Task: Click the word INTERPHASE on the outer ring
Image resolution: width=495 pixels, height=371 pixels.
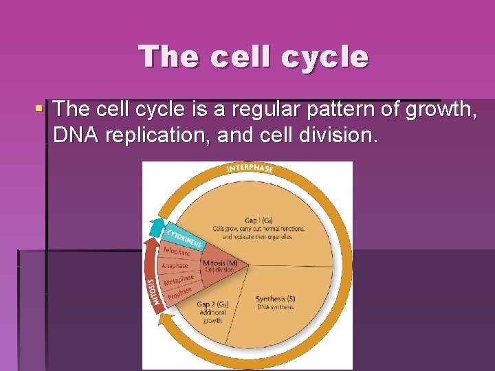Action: coord(250,169)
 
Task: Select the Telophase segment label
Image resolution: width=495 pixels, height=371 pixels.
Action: coord(177,252)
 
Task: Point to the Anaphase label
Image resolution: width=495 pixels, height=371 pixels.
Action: coord(175,266)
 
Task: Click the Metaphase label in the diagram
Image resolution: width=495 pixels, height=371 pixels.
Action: coord(179,280)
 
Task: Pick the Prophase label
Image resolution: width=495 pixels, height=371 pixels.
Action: coord(178,293)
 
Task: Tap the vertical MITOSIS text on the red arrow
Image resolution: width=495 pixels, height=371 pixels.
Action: coord(153,293)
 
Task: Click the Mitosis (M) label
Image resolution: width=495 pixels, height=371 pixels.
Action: coord(220,263)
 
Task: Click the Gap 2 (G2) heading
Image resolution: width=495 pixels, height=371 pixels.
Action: coord(212,304)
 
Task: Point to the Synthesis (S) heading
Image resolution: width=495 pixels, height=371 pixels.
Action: coord(276,299)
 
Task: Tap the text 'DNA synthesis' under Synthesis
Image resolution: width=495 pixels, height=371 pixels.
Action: coord(276,307)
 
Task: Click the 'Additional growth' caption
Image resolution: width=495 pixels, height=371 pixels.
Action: coord(212,317)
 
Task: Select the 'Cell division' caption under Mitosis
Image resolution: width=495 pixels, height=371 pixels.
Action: coord(220,270)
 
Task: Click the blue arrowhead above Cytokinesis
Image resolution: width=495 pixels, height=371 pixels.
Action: coord(157,227)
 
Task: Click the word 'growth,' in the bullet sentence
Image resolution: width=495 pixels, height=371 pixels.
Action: coord(436,109)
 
